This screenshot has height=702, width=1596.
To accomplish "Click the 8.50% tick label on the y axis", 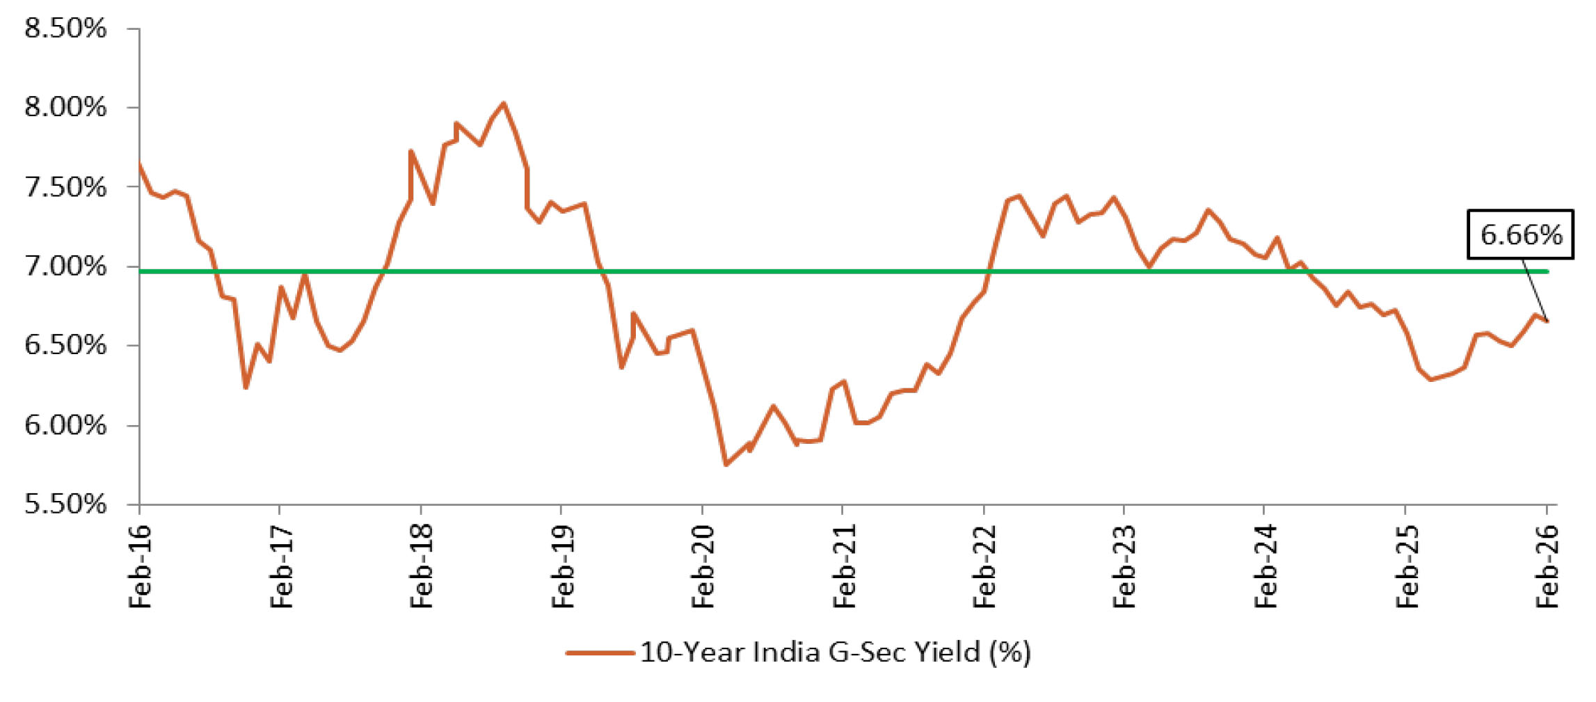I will point(65,29).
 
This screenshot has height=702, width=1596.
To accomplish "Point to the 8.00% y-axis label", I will point(65,108).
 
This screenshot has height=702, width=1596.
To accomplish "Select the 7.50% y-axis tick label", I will point(65,187).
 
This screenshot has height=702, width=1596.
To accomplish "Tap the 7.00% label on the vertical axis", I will point(65,266).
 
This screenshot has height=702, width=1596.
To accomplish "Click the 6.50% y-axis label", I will point(65,346).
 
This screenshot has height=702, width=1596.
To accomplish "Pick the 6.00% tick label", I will point(65,425).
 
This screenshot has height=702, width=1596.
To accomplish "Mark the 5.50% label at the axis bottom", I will point(65,504).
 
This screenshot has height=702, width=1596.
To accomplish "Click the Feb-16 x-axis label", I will point(140,567).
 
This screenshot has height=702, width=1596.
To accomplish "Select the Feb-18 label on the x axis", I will point(422,567).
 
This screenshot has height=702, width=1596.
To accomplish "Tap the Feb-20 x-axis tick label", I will point(703,567).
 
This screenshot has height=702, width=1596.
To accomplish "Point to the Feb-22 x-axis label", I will point(985,567).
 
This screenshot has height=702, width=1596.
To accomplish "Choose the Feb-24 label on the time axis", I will point(1266,567).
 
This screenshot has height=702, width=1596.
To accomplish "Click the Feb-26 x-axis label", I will point(1547,567).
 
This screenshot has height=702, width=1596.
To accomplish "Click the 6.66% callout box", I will point(1520,234).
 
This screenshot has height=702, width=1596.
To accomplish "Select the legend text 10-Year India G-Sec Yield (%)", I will point(835,653).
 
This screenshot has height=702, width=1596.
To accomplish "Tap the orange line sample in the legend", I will point(600,653).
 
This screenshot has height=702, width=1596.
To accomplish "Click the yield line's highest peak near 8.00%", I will point(504,104).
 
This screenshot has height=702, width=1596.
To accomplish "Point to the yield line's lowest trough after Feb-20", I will point(726,464).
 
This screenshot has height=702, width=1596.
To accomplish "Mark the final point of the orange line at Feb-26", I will point(1547,321).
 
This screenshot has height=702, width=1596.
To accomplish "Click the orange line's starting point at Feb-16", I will point(140,164).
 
